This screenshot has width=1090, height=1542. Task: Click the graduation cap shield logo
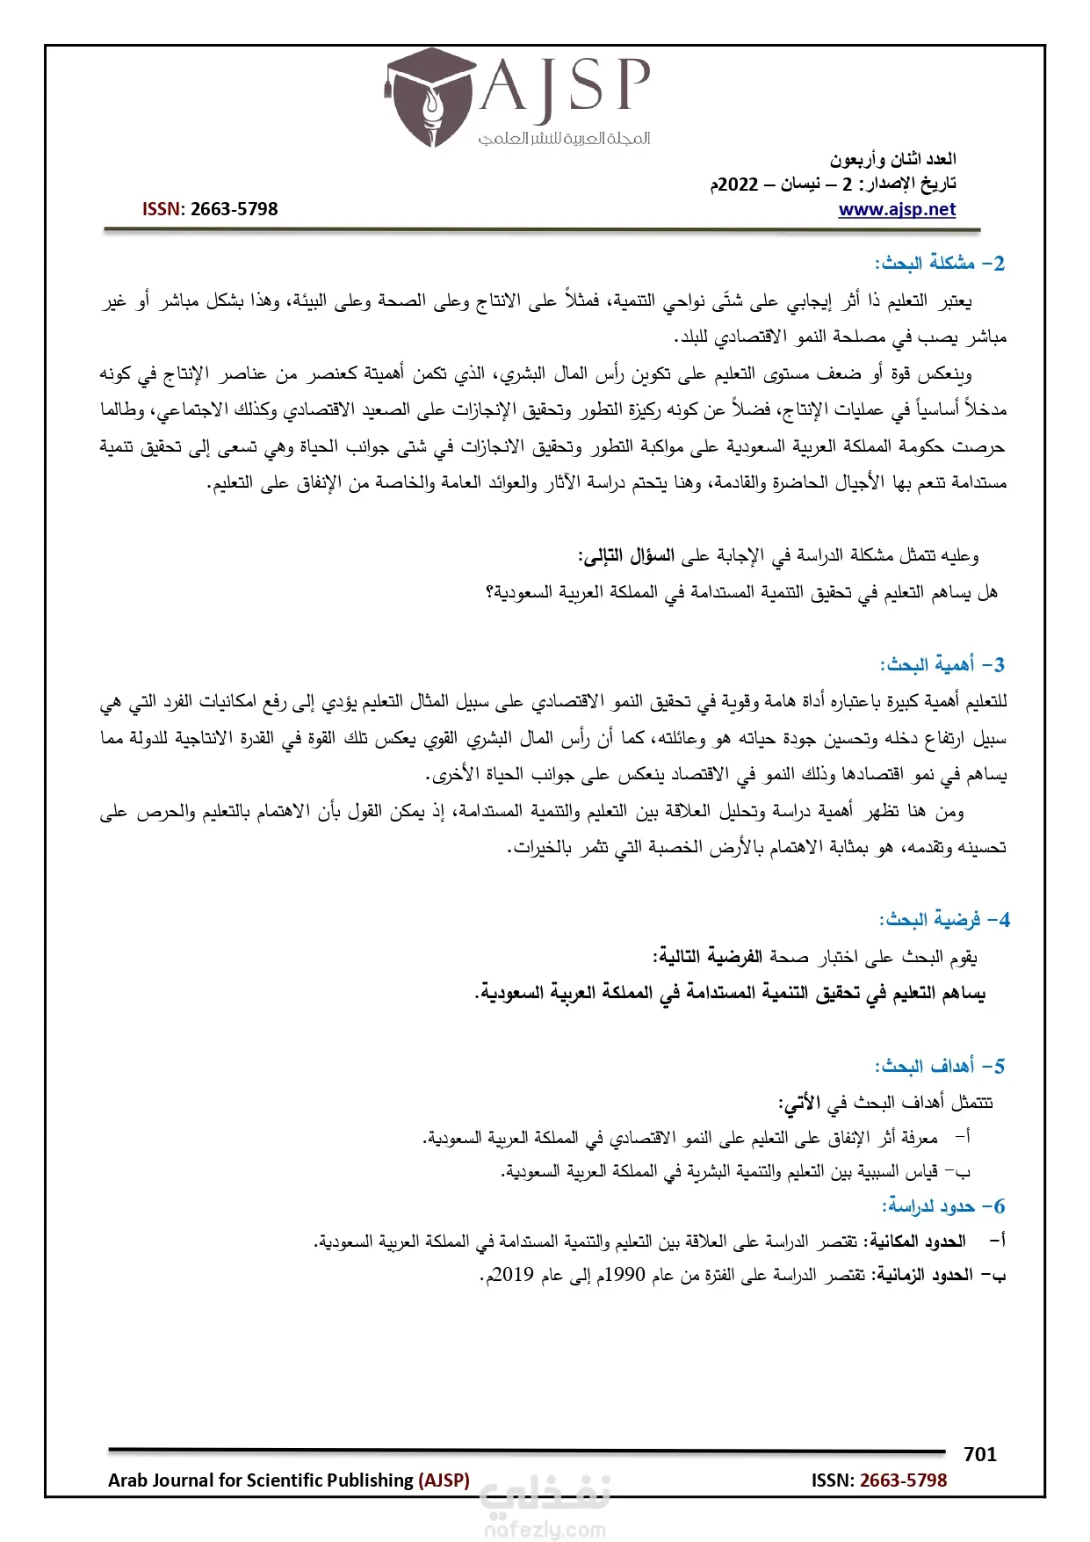coord(430,97)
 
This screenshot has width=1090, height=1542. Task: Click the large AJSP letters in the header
coord(565,87)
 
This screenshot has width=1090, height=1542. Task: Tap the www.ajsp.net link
coord(897,209)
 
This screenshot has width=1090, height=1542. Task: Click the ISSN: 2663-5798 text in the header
coord(210,209)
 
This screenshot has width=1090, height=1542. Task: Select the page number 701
coord(979,1454)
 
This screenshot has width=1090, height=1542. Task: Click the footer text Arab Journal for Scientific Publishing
coord(262,1480)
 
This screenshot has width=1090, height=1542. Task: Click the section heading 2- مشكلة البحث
coord(939,263)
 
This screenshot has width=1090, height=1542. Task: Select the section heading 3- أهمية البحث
coord(942,664)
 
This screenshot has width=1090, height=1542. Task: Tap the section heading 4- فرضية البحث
coord(944,920)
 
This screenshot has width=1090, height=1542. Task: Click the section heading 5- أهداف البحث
coord(939,1066)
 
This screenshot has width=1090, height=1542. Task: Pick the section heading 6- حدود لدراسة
coord(942,1206)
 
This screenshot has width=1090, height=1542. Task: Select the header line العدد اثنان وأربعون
coord(893,159)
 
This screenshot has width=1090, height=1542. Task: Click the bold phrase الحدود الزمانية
coord(922,1275)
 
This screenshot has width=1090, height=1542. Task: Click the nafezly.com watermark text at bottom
coord(545,1530)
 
